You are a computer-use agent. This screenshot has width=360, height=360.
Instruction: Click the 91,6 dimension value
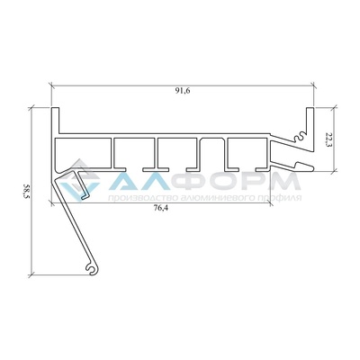point(183,91)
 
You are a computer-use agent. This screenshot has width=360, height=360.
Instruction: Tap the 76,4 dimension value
point(161,209)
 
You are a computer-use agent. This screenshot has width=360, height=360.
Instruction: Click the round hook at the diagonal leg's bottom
point(92,270)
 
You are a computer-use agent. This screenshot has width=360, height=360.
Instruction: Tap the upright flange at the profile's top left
point(55,120)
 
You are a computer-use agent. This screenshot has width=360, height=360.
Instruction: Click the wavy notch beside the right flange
point(300,137)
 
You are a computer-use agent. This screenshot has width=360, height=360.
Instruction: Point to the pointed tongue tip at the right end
point(312,168)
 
